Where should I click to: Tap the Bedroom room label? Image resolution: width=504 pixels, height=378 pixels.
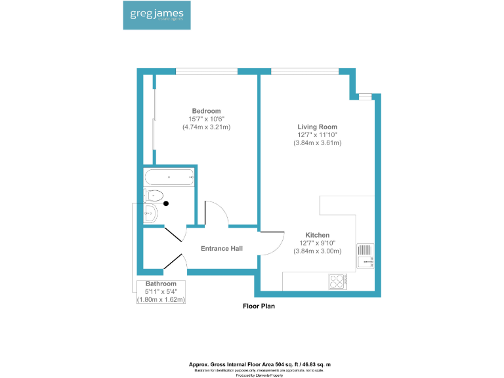pyautogui.click(x=206, y=111)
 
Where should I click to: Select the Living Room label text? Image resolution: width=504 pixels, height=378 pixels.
pyautogui.click(x=317, y=127)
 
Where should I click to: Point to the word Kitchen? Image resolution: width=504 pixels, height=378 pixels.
pyautogui.click(x=317, y=235)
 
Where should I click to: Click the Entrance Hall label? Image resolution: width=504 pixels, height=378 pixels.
pyautogui.click(x=222, y=249)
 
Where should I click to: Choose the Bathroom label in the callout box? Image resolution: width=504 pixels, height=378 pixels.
pyautogui.click(x=161, y=283)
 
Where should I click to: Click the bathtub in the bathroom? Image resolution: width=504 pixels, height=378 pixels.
pyautogui.click(x=169, y=177)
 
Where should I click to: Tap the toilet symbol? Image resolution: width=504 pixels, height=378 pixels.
pyautogui.click(x=154, y=194)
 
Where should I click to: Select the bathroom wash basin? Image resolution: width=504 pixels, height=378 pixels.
pyautogui.click(x=150, y=212)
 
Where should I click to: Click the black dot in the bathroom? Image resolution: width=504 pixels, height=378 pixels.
pyautogui.click(x=166, y=203)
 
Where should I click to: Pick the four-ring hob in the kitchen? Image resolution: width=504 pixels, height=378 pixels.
pyautogui.click(x=338, y=281)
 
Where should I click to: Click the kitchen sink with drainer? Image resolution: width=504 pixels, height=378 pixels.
pyautogui.click(x=364, y=255)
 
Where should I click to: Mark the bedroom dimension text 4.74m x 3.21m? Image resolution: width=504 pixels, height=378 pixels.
pyautogui.click(x=206, y=127)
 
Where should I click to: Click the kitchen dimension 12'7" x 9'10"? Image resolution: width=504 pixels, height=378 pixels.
pyautogui.click(x=317, y=243)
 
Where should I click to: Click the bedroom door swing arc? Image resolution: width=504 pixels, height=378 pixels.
pyautogui.click(x=217, y=214)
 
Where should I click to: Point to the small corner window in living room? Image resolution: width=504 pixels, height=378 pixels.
pyautogui.click(x=365, y=97)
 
